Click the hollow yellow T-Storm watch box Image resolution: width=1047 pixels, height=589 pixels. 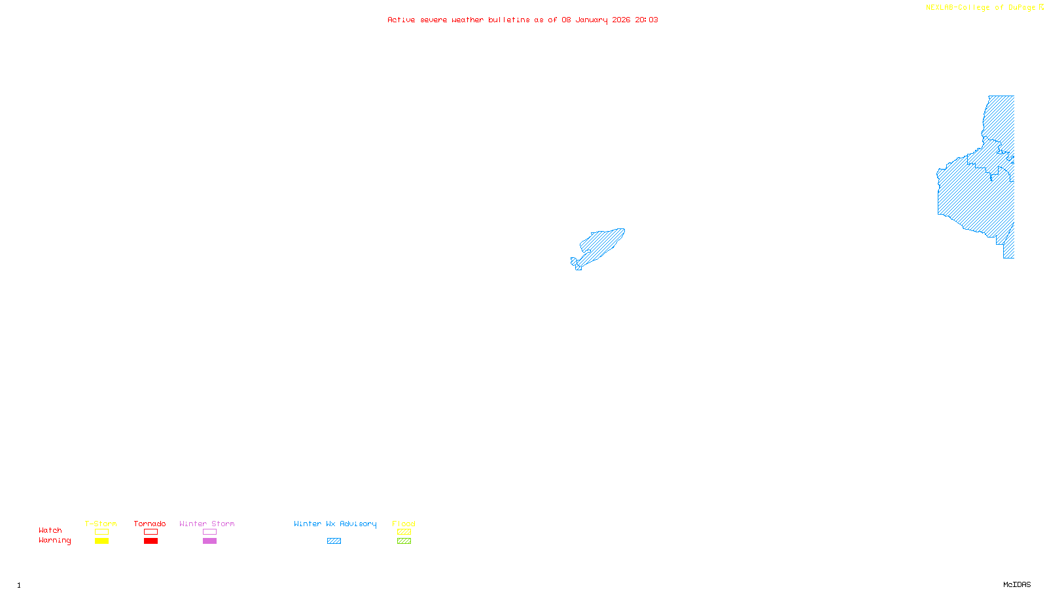tap(101, 532)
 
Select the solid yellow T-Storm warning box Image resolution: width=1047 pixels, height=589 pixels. tap(101, 541)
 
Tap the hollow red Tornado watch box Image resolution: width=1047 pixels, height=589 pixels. tap(151, 532)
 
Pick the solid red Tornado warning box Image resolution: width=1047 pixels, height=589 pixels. tap(151, 541)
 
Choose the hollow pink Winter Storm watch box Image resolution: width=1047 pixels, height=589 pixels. tap(209, 532)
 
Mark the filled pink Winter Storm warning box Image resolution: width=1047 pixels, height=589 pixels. tap(209, 541)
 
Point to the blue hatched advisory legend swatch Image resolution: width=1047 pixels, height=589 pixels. tap(334, 541)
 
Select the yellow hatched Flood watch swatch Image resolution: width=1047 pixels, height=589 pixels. tap(404, 532)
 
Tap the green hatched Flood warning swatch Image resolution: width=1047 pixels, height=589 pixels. tap(404, 541)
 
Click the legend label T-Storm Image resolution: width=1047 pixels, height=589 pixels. tap(101, 524)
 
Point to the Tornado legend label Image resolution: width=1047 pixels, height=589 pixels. tap(150, 524)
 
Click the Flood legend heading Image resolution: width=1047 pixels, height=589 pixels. tap(404, 524)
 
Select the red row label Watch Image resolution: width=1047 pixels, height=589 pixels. tap(50, 530)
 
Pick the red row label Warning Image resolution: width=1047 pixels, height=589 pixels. tap(55, 541)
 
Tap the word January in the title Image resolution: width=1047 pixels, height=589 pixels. tap(592, 20)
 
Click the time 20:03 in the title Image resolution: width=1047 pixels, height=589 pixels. tap(647, 20)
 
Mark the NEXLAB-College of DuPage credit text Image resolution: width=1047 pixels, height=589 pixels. tap(981, 8)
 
